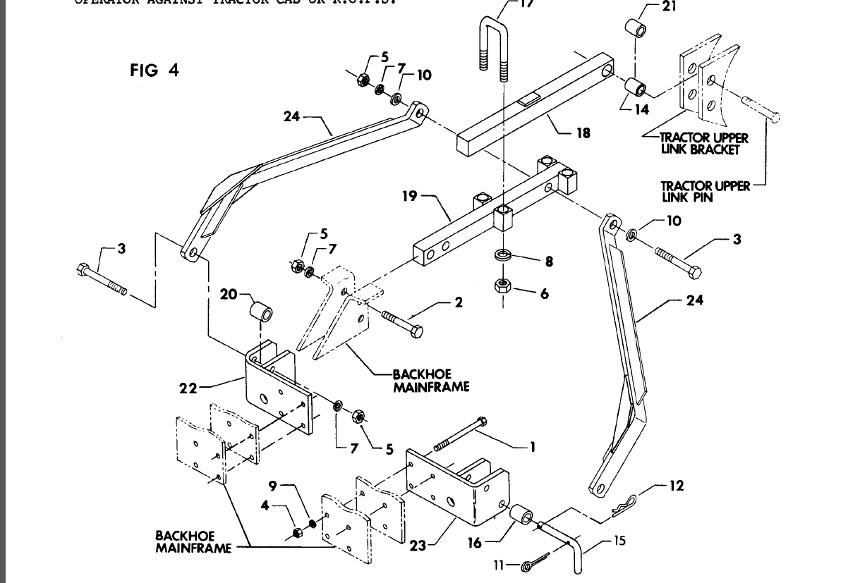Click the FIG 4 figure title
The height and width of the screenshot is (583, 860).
tap(155, 70)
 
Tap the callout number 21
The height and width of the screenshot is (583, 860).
tap(669, 7)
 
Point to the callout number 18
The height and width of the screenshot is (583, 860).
tap(583, 133)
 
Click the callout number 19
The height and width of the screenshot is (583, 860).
tap(411, 197)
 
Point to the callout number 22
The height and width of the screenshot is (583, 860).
tap(188, 387)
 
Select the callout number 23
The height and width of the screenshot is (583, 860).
tap(418, 545)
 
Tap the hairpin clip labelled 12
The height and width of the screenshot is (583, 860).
tap(624, 502)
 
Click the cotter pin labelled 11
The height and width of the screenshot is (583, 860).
tap(536, 565)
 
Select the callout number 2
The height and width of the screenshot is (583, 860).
tap(459, 302)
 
